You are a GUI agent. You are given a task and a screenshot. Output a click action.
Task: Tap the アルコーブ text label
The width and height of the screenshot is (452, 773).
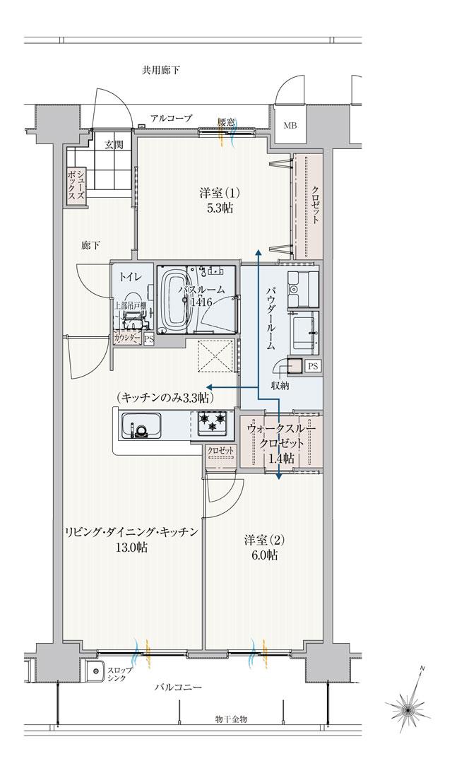(x=170, y=118)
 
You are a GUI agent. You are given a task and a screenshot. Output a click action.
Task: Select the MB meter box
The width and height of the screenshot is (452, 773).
(x=291, y=126)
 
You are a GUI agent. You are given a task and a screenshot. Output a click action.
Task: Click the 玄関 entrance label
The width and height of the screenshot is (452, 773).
(x=114, y=146)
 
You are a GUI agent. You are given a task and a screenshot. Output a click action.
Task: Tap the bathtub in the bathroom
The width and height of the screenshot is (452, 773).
(x=174, y=300)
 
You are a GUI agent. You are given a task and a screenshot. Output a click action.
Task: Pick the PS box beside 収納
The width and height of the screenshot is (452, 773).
(x=312, y=366)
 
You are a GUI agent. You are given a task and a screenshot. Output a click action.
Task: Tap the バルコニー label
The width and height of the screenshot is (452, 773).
(x=179, y=687)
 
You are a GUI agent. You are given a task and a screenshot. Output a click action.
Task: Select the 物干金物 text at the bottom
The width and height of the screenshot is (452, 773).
(x=231, y=719)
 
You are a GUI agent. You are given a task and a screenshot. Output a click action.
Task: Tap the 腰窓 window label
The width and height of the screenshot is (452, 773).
(x=226, y=122)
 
